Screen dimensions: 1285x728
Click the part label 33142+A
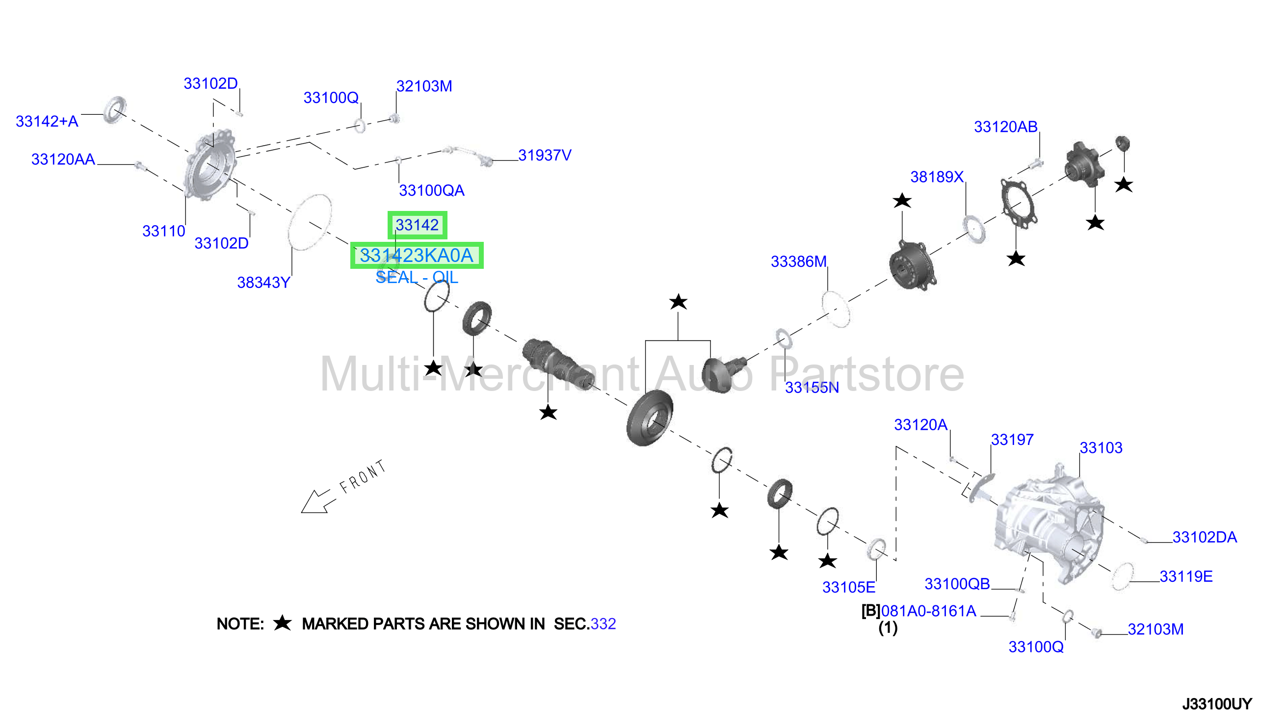point(47,122)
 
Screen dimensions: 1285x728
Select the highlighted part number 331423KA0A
point(417,256)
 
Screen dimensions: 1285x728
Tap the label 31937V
point(545,155)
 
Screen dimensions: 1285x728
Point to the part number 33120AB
point(1005,127)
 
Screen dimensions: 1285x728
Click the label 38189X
point(937,177)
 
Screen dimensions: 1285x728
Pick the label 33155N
point(812,388)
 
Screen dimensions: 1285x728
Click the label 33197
point(1012,440)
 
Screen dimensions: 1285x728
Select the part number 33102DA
point(1205,537)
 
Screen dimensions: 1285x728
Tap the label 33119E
point(1186,576)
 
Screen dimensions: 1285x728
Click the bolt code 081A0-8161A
point(928,611)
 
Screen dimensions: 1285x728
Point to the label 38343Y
point(263,283)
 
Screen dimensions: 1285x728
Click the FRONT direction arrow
point(316,501)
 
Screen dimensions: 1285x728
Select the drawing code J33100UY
point(1217,704)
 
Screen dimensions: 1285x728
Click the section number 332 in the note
point(603,624)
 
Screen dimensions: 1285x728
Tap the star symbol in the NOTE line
point(283,623)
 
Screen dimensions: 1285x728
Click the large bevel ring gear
point(649,418)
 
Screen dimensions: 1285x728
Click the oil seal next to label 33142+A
point(115,109)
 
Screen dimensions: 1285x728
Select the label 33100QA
point(431,190)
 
